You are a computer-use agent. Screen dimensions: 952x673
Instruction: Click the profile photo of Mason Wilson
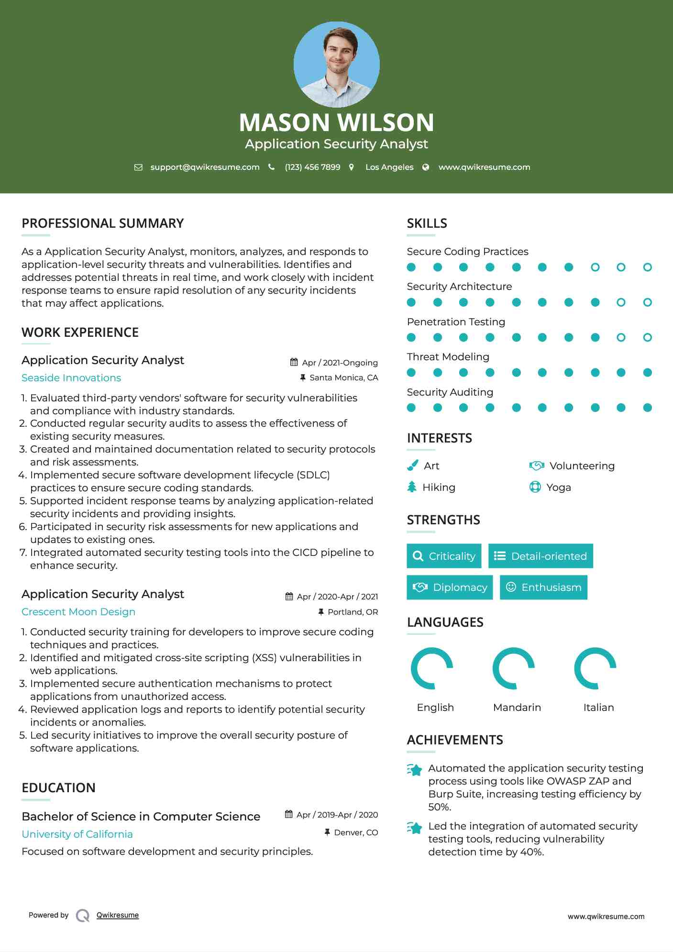point(336,64)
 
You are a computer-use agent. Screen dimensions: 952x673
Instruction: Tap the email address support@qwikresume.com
point(205,167)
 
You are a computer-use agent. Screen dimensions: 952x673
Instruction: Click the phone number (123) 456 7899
point(312,167)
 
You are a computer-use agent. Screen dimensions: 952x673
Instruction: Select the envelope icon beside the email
point(138,167)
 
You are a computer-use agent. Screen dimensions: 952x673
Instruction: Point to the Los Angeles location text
point(389,167)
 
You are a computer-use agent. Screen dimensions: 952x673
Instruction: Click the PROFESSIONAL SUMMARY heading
point(102,223)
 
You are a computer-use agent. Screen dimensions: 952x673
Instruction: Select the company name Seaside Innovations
point(71,378)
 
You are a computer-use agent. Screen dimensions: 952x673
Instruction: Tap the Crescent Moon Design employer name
point(78,612)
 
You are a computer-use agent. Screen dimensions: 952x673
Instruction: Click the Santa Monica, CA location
point(343,378)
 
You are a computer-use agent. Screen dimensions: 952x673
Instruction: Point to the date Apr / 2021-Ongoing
point(340,363)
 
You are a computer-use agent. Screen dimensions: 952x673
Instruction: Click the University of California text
point(77,834)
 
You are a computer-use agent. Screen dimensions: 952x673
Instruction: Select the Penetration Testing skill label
point(455,322)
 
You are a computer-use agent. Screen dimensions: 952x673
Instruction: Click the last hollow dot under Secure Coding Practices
point(647,267)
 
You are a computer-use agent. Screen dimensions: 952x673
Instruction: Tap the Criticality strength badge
point(444,556)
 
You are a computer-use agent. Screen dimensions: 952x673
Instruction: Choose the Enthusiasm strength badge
point(543,587)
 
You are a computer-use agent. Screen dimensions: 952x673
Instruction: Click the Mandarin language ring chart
point(514,668)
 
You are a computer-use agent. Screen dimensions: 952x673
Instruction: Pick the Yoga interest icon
point(535,487)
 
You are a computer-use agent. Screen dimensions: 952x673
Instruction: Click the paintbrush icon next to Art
point(412,465)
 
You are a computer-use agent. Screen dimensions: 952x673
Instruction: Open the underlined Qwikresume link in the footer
point(118,915)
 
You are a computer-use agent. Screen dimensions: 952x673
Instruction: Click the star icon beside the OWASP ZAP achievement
point(415,770)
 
